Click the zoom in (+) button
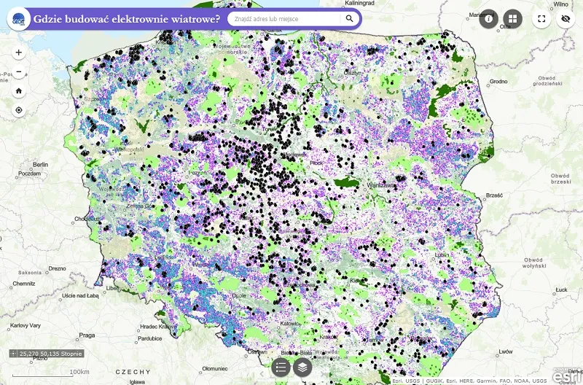point(18,52)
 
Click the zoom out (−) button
point(18,72)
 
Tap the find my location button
point(18,110)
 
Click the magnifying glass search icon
point(350,19)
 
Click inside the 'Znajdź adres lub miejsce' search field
point(284,19)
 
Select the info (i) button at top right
point(488,19)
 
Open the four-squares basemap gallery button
point(513,19)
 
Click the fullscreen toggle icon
point(541,19)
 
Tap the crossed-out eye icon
point(565,19)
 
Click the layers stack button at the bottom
point(302,367)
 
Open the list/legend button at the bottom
point(281,367)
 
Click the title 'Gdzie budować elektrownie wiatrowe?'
point(127,19)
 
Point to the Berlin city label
point(39,165)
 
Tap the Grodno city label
point(498,82)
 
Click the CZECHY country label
point(133,372)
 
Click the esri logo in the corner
point(567,376)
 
